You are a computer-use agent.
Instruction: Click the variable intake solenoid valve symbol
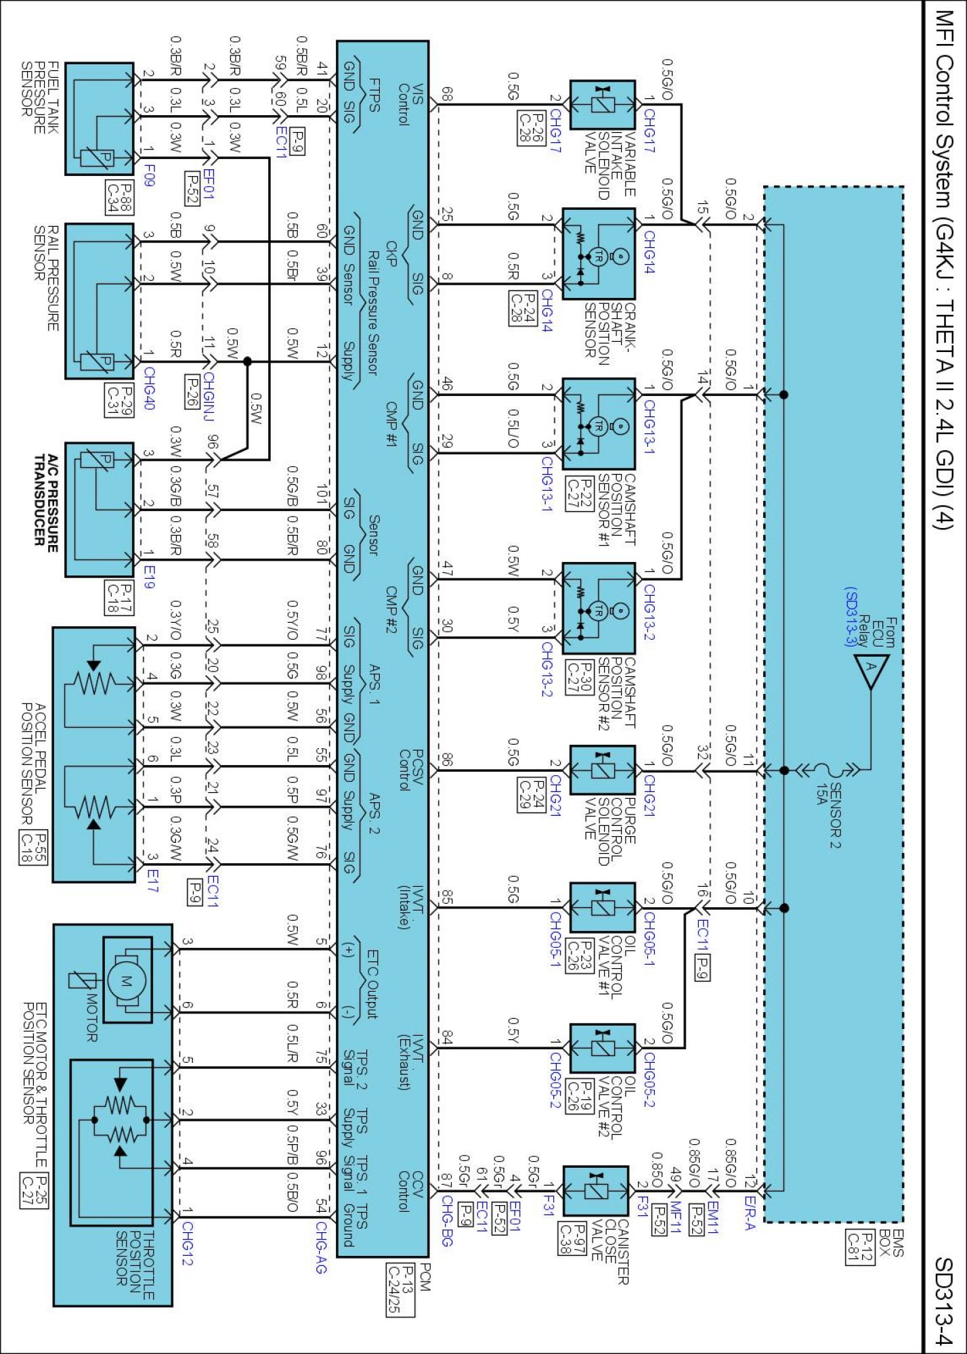pyautogui.click(x=602, y=105)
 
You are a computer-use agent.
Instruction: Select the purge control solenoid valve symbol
pyautogui.click(x=602, y=770)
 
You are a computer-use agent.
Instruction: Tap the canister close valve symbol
pyautogui.click(x=595, y=1190)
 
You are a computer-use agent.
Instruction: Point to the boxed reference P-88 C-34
pyautogui.click(x=119, y=196)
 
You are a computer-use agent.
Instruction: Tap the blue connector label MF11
pyautogui.click(x=675, y=1218)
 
